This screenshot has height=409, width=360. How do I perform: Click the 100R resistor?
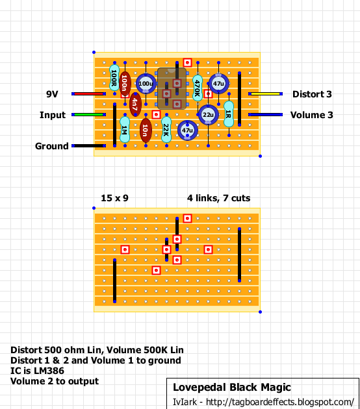pos(114,78)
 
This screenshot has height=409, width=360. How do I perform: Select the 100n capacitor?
pos(125,84)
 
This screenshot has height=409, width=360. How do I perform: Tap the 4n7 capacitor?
pos(135,104)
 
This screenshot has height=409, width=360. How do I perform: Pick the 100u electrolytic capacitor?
pos(146,84)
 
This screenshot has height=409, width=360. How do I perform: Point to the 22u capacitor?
pos(208,114)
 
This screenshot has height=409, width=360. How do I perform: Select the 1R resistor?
pos(229,114)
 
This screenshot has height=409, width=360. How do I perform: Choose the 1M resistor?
pos(125,130)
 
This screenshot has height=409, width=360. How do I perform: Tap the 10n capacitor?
pos(146,130)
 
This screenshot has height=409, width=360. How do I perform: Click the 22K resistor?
pos(166,130)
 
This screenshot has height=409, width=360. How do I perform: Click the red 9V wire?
pos(88,93)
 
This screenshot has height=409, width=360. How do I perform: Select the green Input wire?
pos(88,114)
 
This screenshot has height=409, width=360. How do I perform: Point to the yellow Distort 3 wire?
pos(265,93)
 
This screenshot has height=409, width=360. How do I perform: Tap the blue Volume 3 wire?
pos(265,114)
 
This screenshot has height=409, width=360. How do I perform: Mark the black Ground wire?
pos(88,146)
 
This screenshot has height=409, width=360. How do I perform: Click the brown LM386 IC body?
pos(172,88)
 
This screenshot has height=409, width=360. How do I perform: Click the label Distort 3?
pos(312,94)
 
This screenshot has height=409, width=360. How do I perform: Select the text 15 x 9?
pos(114,198)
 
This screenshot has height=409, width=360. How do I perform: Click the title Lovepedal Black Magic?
pos(232,388)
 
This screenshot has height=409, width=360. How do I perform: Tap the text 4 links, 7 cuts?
pos(218,198)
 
